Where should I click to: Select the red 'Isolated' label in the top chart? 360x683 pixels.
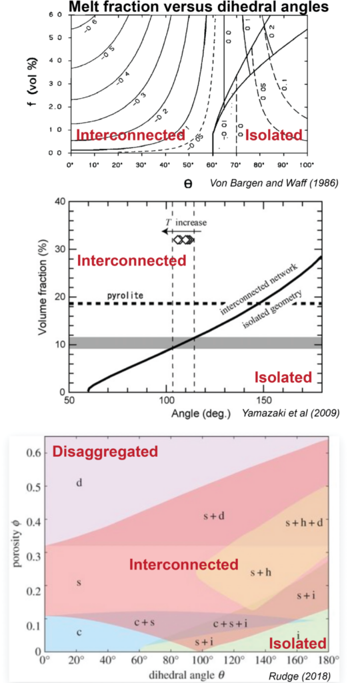(274, 135)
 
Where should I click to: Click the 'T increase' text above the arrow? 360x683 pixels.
(184, 222)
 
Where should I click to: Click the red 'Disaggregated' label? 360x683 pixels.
(105, 452)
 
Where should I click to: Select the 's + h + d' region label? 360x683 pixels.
(303, 522)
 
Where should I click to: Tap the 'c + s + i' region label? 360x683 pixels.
(231, 624)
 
